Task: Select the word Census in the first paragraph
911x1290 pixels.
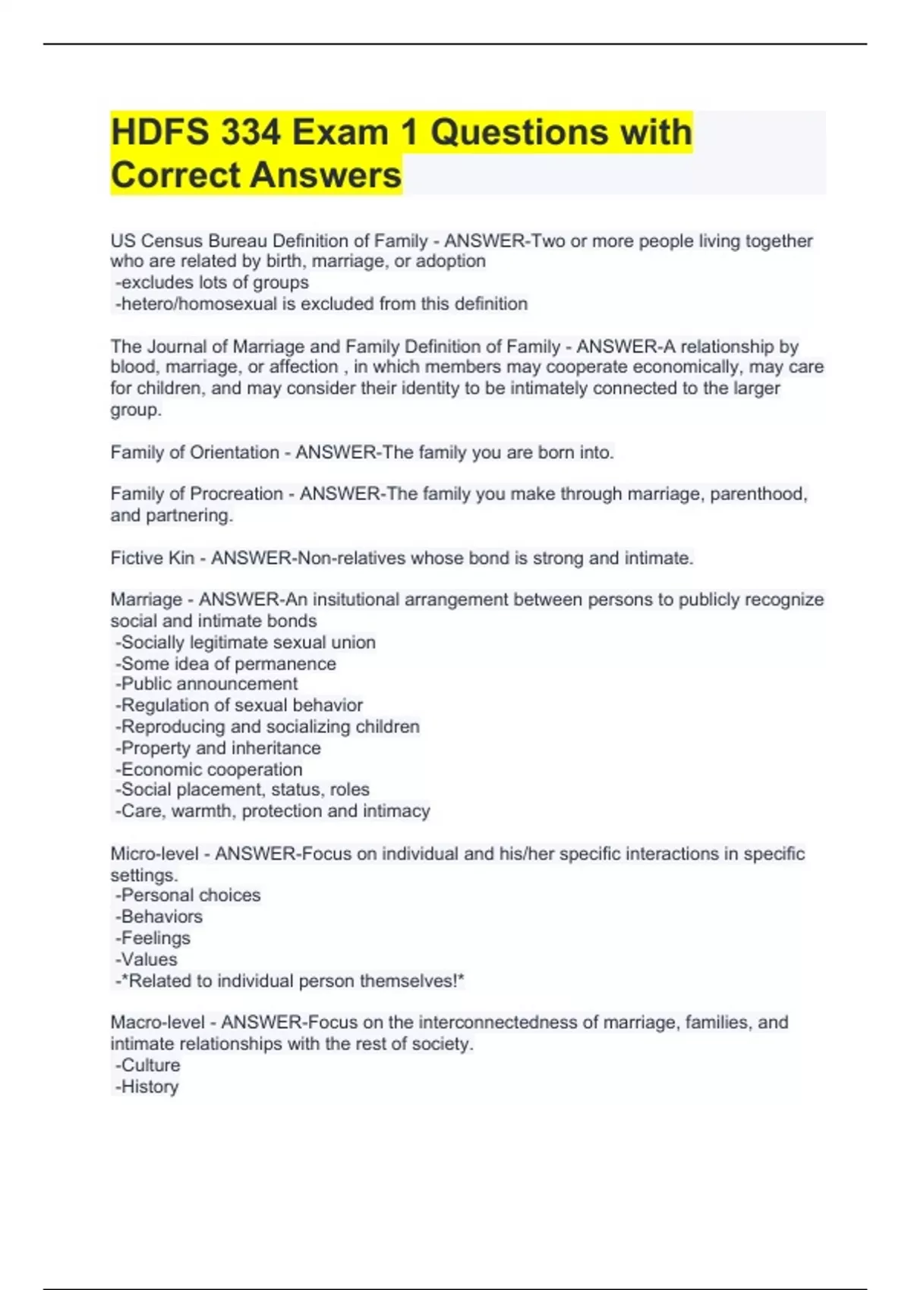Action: coord(172,241)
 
